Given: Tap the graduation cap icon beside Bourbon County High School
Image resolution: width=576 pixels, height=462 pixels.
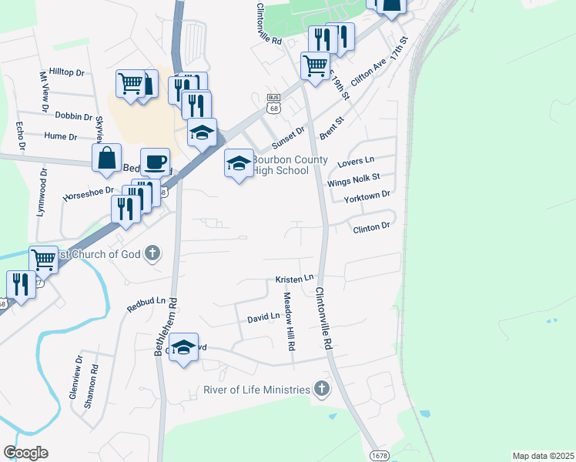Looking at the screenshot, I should click(x=239, y=162).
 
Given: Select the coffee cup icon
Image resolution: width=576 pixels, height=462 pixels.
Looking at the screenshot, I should click(x=156, y=161).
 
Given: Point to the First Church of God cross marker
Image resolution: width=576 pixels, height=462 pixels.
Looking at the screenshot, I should click(x=152, y=253).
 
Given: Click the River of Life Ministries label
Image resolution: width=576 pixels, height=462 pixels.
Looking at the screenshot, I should click(x=256, y=390).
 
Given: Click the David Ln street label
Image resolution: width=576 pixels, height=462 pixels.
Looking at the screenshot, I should click(x=263, y=317).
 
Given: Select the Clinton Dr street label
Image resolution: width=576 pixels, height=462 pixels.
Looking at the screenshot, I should click(x=372, y=227).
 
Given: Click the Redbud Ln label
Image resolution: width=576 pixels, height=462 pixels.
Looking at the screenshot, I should click(x=146, y=305).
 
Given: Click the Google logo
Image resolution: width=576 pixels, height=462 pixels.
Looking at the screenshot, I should click(x=25, y=452).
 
